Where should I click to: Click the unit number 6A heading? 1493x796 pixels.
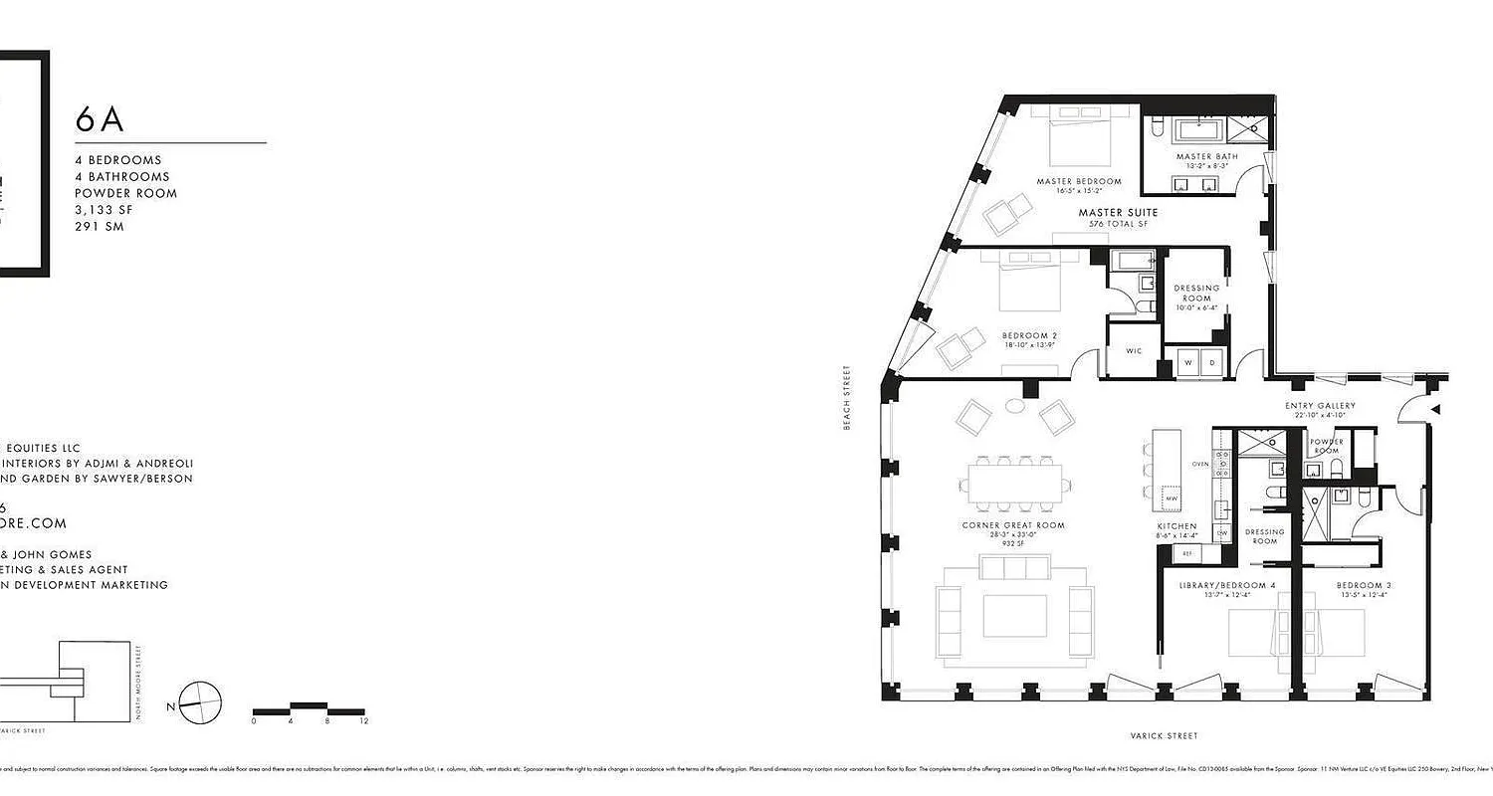(x=100, y=119)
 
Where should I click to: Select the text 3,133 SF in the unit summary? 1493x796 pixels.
(x=104, y=210)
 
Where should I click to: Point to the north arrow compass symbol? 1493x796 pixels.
(x=200, y=701)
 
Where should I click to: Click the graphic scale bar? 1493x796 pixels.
(x=309, y=709)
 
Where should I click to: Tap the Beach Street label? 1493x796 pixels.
(x=847, y=397)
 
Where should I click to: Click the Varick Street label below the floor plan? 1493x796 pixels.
(x=1164, y=736)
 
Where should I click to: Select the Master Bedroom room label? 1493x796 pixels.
(x=1078, y=181)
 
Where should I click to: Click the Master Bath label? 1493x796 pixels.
(x=1206, y=157)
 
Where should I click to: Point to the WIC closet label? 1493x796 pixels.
(x=1134, y=351)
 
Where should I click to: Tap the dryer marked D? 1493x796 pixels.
(x=1212, y=363)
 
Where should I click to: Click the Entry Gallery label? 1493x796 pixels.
(x=1320, y=406)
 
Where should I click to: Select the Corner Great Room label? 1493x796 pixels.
(x=1012, y=525)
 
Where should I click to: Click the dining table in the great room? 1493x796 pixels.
(x=1012, y=487)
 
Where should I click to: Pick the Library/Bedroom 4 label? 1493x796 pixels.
(x=1226, y=585)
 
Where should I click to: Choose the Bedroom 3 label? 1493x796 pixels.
(x=1364, y=585)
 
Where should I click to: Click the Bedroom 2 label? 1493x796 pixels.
(x=1029, y=336)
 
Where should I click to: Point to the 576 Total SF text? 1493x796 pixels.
(x=1118, y=225)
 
